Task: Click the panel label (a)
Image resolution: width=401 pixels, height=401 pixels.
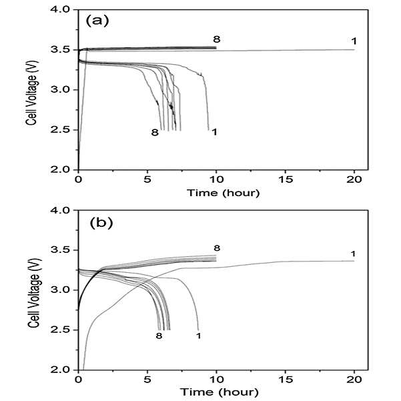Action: click(x=97, y=21)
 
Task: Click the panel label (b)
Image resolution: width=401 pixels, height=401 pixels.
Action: click(x=101, y=223)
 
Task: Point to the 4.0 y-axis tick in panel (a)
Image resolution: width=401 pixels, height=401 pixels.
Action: click(x=60, y=9)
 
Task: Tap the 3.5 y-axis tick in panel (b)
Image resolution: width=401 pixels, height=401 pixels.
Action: click(x=60, y=250)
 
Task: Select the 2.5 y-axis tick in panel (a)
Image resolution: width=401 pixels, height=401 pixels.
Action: click(x=60, y=129)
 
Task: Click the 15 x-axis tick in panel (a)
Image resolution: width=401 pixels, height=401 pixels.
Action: click(x=286, y=179)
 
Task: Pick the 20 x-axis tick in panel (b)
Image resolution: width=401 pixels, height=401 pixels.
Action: click(x=354, y=379)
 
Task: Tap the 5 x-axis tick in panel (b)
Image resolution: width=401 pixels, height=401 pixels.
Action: click(x=147, y=379)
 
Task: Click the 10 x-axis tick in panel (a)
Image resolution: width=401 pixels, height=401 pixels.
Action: click(x=216, y=179)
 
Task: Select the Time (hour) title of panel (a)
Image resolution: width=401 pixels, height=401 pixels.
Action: click(x=224, y=193)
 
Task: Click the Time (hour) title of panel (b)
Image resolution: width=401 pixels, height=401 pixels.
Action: click(x=219, y=392)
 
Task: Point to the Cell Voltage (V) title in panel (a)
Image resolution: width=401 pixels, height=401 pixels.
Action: click(x=32, y=93)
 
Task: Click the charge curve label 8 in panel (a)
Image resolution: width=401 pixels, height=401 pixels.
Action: click(x=217, y=39)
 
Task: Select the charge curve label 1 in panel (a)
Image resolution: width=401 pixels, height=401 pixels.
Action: click(x=354, y=41)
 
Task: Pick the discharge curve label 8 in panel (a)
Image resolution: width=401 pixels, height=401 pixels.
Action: click(x=155, y=133)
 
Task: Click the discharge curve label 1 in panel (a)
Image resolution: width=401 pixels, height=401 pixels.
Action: click(x=214, y=132)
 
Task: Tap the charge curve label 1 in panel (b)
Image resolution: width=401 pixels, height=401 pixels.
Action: click(x=353, y=254)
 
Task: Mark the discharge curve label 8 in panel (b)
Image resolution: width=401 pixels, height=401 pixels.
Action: click(x=159, y=336)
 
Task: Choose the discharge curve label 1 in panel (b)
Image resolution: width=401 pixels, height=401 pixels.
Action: click(x=198, y=336)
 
